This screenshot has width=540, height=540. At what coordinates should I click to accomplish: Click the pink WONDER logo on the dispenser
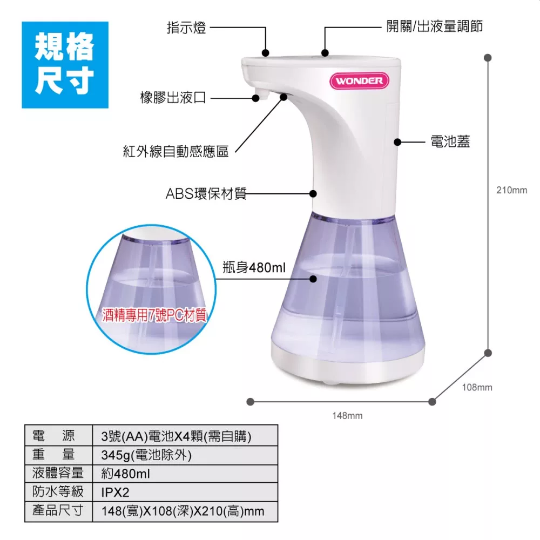[x=359, y=81]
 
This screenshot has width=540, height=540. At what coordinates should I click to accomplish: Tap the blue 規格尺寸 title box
[x=65, y=65]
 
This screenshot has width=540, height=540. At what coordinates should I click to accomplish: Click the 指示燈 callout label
[x=186, y=28]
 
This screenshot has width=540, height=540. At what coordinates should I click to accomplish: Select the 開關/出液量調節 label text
[x=434, y=26]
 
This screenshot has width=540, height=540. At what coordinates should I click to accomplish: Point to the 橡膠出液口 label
[x=173, y=98]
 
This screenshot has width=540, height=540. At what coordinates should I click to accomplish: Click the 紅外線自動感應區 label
[x=175, y=151]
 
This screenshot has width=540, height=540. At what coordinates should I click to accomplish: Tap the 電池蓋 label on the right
[x=450, y=141]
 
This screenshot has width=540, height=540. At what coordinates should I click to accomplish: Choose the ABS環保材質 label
[x=206, y=194]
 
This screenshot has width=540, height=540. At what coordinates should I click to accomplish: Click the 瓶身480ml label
[x=254, y=267]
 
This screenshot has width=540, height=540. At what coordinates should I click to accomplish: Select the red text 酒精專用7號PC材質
[x=154, y=315]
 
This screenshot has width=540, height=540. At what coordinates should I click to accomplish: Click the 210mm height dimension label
[x=512, y=190]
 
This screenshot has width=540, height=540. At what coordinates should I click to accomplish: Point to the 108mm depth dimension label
[x=477, y=387]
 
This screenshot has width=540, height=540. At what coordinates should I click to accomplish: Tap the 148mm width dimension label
[x=347, y=416]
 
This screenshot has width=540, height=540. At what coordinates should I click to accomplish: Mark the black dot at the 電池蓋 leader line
[x=397, y=142]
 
